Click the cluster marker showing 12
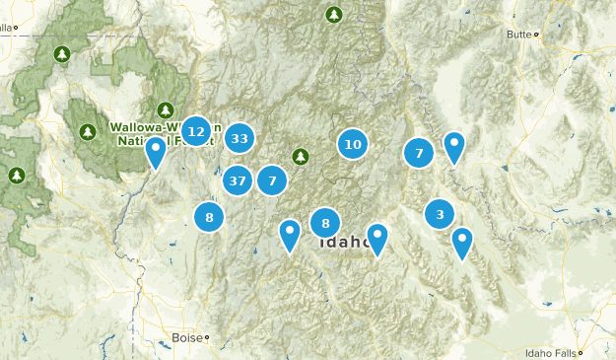pyautogui.click(x=196, y=131)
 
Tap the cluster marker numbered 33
pyautogui.click(x=240, y=138)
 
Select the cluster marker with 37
pyautogui.click(x=237, y=180)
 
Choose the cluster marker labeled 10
pyautogui.click(x=353, y=144)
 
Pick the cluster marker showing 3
pyautogui.click(x=440, y=213)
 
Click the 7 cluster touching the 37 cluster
pyautogui.click(x=272, y=180)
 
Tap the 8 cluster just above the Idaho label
pyautogui.click(x=325, y=223)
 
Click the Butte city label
pyautogui.click(x=517, y=35)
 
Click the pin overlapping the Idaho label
pyautogui.click(x=376, y=238)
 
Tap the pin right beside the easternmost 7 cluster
pyautogui.click(x=453, y=147)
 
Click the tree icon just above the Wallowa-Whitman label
pyautogui.click(x=166, y=108)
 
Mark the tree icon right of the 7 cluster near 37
pyautogui.click(x=301, y=155)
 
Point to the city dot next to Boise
pyautogui.click(x=208, y=337)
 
